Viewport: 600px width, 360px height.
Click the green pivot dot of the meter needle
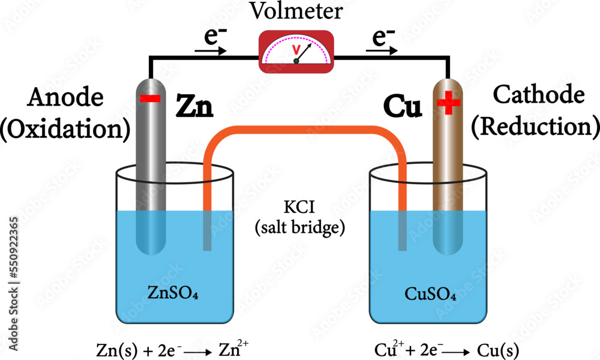point(296,61)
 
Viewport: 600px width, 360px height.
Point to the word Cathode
point(538,94)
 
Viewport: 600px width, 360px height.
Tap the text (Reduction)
point(535,126)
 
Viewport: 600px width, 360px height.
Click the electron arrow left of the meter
point(212,51)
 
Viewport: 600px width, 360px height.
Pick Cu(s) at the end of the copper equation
point(498,349)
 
